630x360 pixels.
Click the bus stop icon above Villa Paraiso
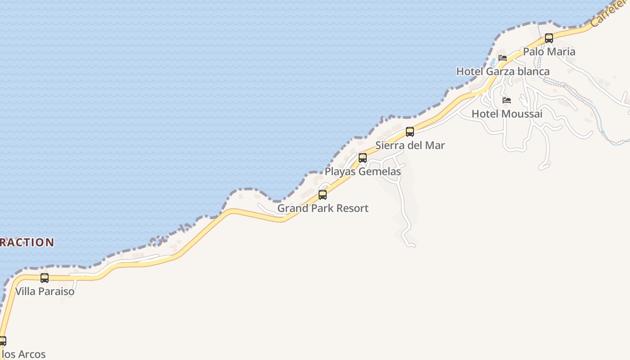(45, 278)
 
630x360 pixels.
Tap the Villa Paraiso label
(45, 291)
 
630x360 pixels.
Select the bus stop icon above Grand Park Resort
(323, 195)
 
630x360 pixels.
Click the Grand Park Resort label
(323, 208)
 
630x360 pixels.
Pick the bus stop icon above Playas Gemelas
(363, 158)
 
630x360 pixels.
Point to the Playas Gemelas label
(363, 171)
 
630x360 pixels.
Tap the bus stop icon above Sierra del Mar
(410, 132)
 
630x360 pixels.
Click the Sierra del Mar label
(410, 145)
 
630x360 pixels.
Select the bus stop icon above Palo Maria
(549, 38)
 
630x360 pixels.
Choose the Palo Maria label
(549, 52)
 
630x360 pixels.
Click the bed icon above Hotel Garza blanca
(503, 58)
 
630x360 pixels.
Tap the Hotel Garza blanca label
(503, 72)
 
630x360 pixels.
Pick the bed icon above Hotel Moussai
(507, 100)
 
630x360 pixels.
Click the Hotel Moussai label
(507, 114)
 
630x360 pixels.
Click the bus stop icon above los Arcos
(2, 341)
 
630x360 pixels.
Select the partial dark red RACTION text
(27, 242)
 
